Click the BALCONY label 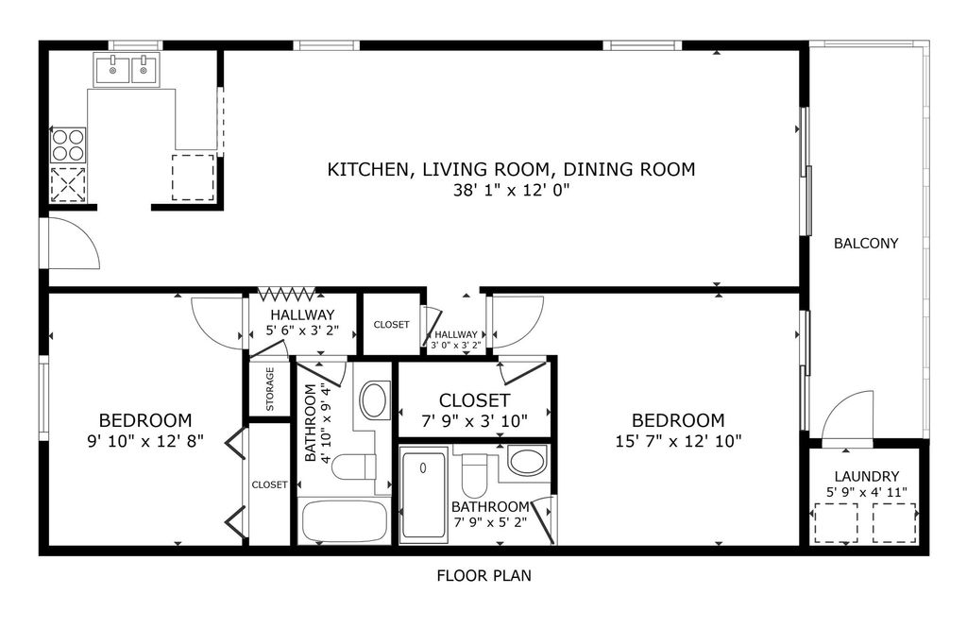865,244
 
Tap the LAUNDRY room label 866,477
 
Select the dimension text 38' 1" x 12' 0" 511,190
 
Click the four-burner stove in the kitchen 67,144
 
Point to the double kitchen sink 127,69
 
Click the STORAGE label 270,389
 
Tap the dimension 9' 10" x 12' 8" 144,440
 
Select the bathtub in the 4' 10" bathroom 344,520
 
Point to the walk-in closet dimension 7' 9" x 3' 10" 474,420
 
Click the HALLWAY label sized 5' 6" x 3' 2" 302,315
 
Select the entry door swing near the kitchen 74,244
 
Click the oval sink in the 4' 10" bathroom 375,400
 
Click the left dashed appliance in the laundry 836,523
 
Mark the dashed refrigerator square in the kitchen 194,178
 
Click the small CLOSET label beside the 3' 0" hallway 391,325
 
